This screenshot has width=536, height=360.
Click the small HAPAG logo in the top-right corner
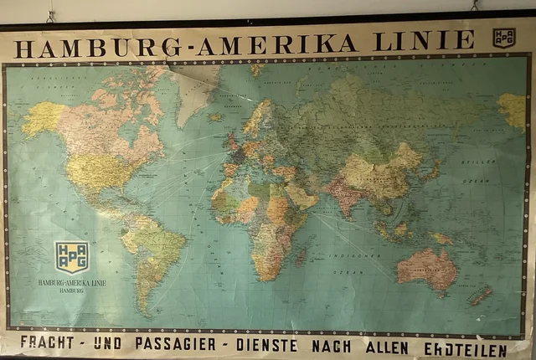pyautogui.click(x=503, y=38)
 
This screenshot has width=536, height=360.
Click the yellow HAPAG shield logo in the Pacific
pyautogui.click(x=71, y=256)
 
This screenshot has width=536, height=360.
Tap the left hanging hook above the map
pyautogui.click(x=51, y=15)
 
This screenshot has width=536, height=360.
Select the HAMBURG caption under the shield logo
pyautogui.click(x=70, y=292)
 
